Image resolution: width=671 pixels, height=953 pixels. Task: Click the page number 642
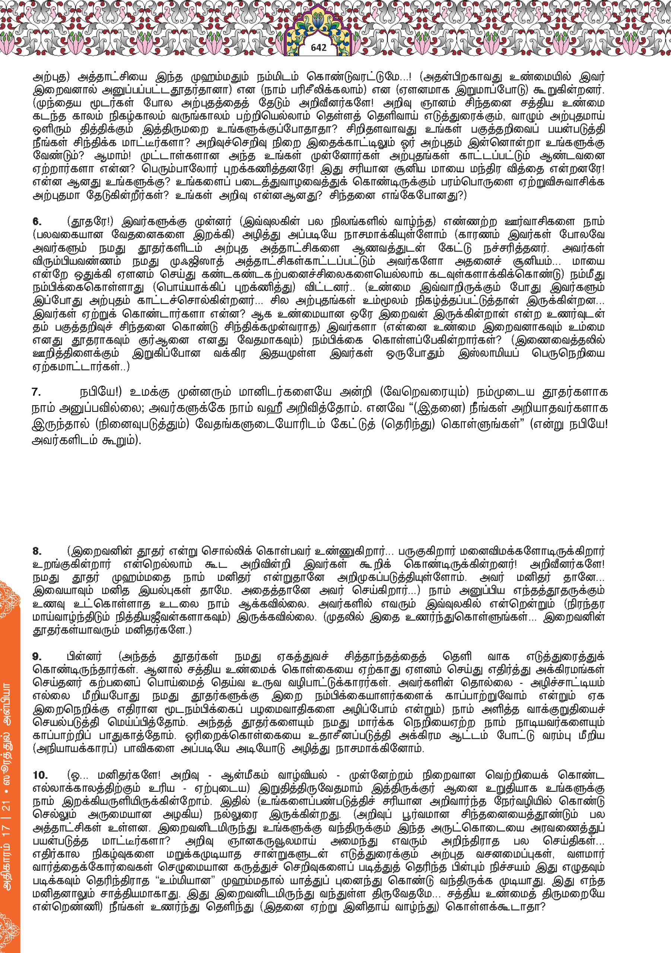click(318, 48)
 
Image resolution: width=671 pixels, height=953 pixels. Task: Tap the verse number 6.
click(36, 221)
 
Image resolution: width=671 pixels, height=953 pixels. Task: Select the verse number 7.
click(36, 392)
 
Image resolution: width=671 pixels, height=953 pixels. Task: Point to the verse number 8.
click(36, 551)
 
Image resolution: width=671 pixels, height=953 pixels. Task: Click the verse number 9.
click(36, 657)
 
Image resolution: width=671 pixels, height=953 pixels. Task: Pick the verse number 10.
click(40, 775)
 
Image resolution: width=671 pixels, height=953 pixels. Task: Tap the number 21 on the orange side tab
click(7, 806)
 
